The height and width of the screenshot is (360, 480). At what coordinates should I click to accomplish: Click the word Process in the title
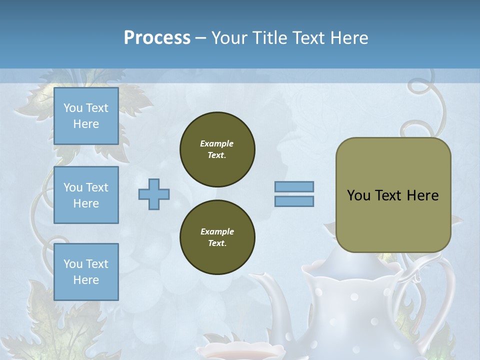click(157, 38)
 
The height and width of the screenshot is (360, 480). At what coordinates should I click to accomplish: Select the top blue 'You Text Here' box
click(86, 116)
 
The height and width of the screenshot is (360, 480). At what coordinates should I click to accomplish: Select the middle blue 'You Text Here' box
click(86, 195)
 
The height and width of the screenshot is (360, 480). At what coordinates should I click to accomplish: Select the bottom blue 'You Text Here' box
click(86, 271)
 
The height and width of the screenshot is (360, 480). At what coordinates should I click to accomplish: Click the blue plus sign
click(154, 194)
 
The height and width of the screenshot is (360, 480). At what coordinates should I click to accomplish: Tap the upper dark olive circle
click(217, 149)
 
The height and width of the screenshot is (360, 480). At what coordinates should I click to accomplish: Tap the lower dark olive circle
click(217, 237)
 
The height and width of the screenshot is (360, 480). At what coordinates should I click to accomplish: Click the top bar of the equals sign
click(294, 187)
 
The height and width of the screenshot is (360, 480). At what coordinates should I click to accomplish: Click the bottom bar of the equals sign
click(294, 201)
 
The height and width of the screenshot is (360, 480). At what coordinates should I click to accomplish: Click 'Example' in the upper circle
click(217, 143)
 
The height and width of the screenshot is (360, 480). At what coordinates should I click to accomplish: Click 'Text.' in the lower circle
click(217, 243)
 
